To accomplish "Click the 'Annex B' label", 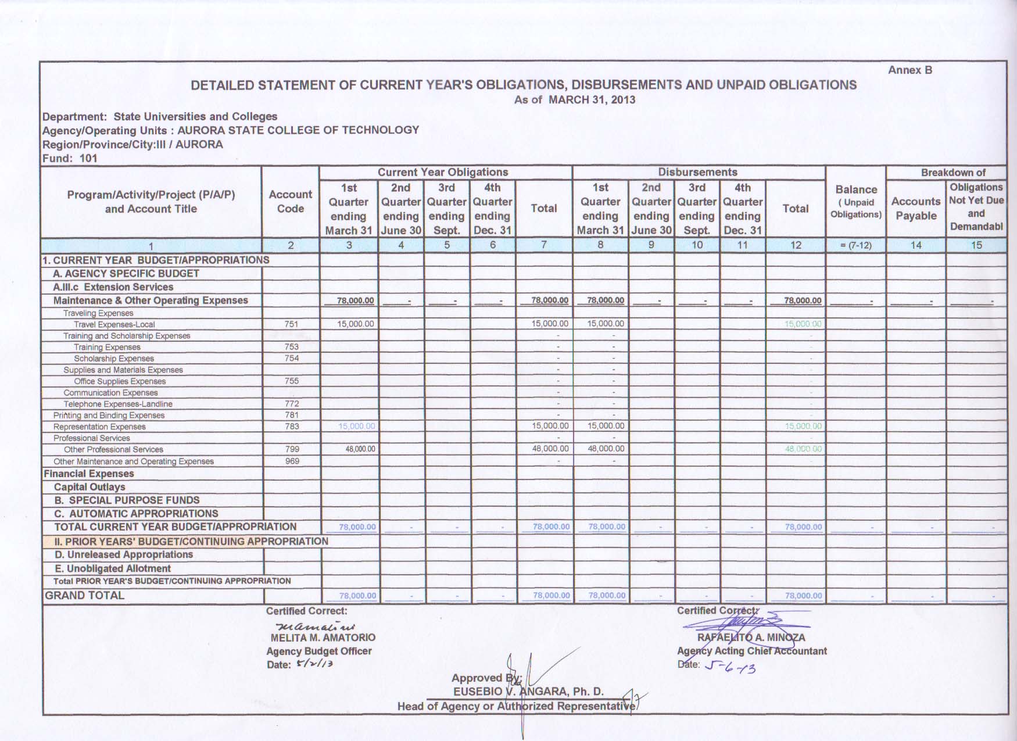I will (x=909, y=70).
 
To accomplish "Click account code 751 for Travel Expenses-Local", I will (x=291, y=324).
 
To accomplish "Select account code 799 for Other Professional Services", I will (x=292, y=449).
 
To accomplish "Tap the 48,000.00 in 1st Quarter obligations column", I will (x=360, y=449).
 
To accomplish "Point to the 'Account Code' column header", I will (x=291, y=202).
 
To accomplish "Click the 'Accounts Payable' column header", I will (x=916, y=208).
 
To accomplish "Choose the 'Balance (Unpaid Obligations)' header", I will (x=856, y=202).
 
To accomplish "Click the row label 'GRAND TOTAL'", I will (x=85, y=595).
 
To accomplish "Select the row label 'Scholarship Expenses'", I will (x=114, y=359).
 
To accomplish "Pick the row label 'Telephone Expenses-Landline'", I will (x=118, y=404).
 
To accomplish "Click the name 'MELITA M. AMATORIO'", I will (x=323, y=638).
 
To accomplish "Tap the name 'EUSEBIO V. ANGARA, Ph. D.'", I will (x=528, y=692).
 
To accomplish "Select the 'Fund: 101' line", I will (x=70, y=158).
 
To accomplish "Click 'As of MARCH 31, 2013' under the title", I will (x=574, y=99).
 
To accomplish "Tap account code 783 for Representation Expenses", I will (x=292, y=427).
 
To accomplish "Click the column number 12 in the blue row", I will (x=796, y=245).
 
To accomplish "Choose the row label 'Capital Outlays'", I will (x=89, y=487).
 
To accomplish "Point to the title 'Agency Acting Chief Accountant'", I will (x=751, y=651).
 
